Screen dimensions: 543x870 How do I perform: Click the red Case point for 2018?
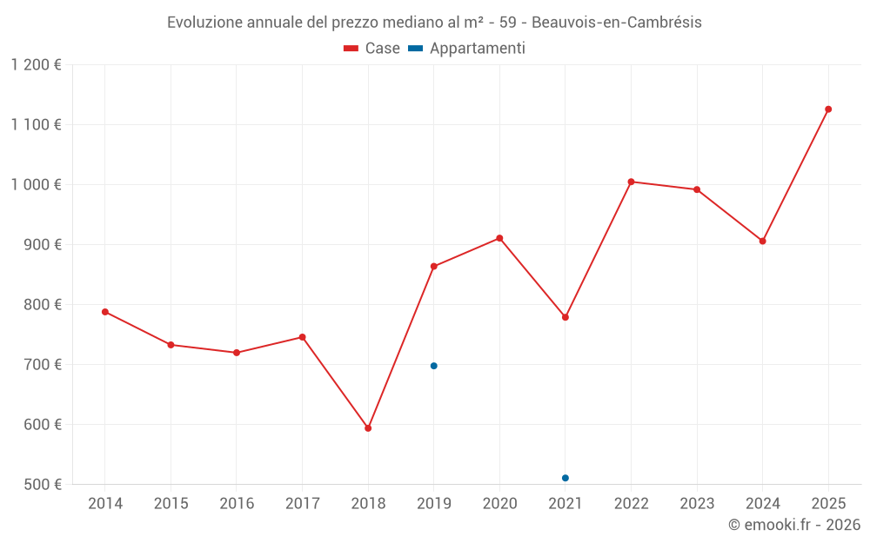pos(368,428)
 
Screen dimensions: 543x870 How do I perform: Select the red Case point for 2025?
pos(828,109)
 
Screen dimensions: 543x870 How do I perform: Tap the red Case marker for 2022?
pos(631,182)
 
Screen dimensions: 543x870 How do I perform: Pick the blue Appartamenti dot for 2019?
pos(434,366)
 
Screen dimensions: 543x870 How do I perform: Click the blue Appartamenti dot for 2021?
pos(565,478)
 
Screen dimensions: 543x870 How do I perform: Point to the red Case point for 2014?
pos(105,312)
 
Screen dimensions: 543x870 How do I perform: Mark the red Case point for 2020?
pos(499,238)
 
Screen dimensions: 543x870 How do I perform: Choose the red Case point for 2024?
pos(763,241)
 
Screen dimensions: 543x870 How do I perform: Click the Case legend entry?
pos(372,49)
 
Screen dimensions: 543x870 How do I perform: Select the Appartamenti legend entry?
pos(467,49)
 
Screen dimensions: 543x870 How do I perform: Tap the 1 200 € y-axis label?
pos(37,65)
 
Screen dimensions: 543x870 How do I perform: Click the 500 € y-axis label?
pos(43,485)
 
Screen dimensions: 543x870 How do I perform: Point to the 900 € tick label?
pos(43,245)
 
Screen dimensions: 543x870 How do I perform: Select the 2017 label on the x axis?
pos(302,504)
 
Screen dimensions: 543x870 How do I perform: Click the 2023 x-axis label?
pos(697,504)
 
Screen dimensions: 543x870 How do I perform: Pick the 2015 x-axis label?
pos(171,504)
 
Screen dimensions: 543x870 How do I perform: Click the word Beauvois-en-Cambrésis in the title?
pos(617,23)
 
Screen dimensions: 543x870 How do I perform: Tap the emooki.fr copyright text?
pos(793,525)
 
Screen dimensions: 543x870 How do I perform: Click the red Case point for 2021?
pos(565,317)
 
